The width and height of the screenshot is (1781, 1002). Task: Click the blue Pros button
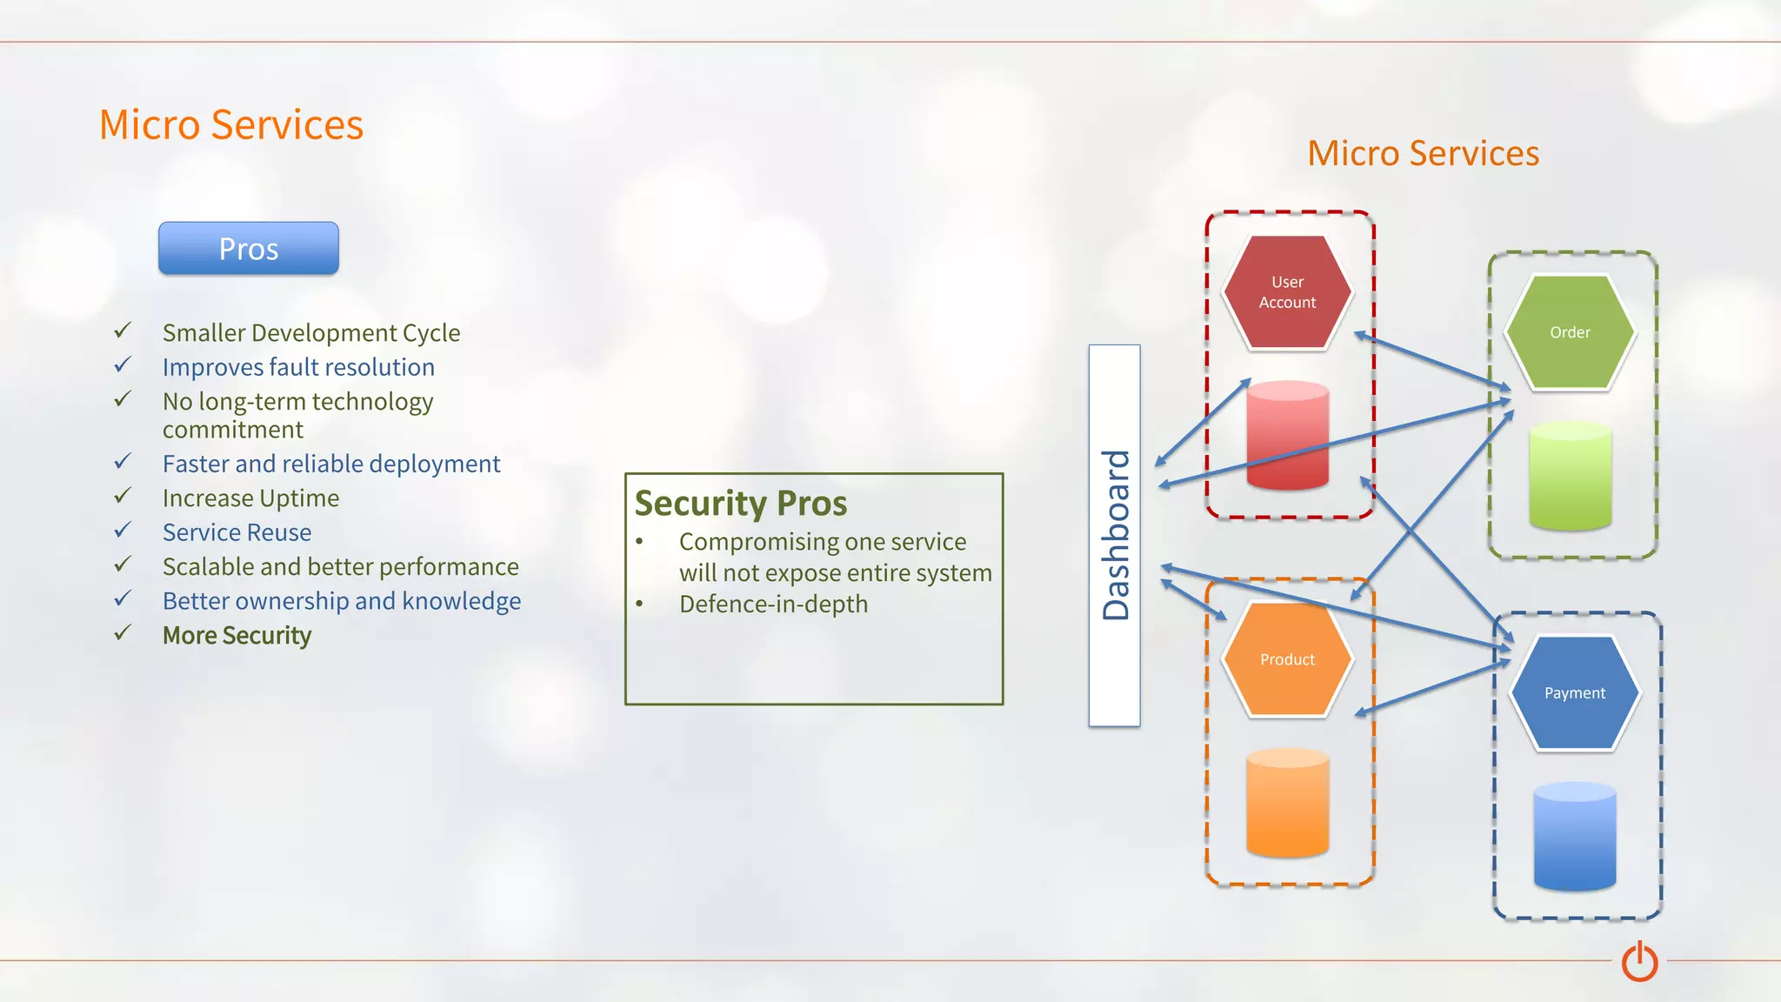tap(248, 249)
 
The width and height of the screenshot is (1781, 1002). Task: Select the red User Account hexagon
tap(1287, 292)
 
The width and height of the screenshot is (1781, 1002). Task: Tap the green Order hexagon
tap(1570, 332)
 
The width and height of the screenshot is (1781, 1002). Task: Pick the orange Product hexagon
tap(1287, 659)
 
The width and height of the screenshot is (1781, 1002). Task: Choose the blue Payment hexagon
tap(1575, 693)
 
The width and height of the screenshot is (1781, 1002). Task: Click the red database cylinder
tap(1287, 435)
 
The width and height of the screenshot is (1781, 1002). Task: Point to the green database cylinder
tap(1570, 476)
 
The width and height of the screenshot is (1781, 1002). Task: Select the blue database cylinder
tap(1575, 836)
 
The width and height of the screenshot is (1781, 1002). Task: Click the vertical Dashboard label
tap(1115, 535)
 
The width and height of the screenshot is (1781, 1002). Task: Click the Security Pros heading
tap(740, 504)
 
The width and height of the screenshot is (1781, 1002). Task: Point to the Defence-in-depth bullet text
tap(773, 604)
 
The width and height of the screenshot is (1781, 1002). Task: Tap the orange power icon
tap(1639, 961)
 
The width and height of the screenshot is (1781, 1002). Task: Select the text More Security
tap(237, 636)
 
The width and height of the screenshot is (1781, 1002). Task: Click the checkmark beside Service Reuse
tap(123, 530)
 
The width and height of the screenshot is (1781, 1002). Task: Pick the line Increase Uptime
tap(250, 498)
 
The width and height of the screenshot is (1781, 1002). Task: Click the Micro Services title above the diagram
tap(1423, 153)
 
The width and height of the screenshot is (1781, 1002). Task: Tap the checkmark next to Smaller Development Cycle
tap(123, 331)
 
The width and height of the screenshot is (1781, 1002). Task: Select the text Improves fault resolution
tap(298, 367)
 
